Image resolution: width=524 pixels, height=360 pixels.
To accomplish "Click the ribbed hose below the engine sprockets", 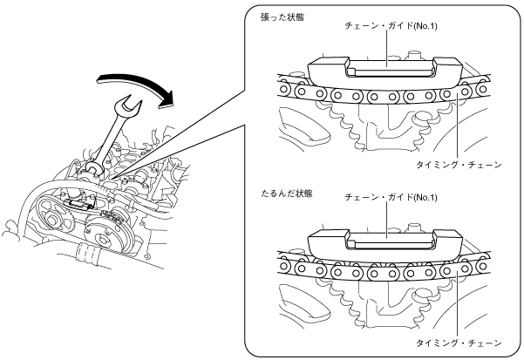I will click(85, 255).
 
